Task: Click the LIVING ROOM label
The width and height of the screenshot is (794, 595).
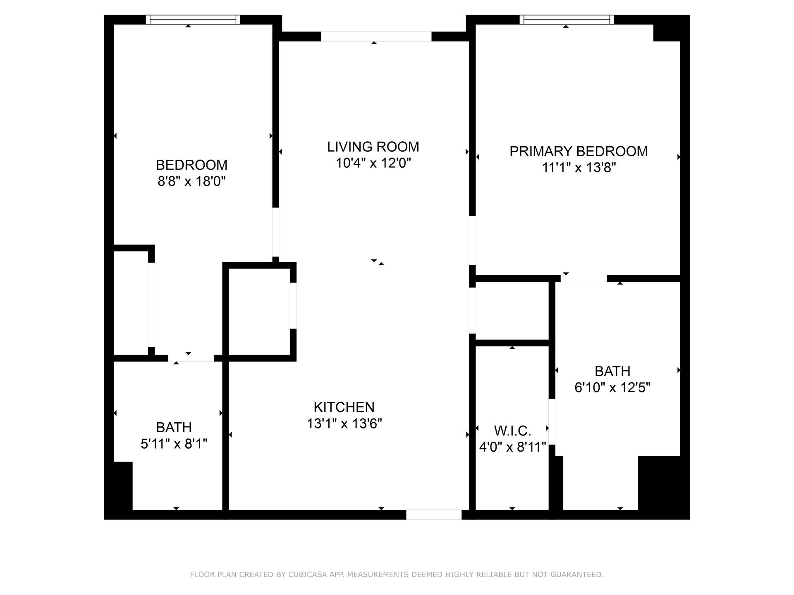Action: [373, 147]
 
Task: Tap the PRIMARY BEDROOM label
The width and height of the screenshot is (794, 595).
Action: [579, 151]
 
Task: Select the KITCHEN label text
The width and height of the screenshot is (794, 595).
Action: [344, 407]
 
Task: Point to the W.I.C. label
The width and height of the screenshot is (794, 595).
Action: [512, 431]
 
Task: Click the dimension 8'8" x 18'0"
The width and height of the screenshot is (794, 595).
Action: [191, 181]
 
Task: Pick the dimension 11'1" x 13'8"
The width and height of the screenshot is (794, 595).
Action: [579, 168]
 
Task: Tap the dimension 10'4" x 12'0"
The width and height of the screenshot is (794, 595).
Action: [373, 163]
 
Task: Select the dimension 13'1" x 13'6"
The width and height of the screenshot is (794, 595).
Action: [344, 424]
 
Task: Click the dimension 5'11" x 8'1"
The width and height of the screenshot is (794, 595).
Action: [174, 444]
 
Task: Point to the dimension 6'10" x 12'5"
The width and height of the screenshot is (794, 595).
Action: [612, 388]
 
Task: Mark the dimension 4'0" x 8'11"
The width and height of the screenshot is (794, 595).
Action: [513, 447]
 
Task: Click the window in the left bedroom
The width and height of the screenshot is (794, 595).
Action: [193, 19]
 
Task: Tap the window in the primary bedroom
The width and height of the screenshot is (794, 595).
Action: [567, 19]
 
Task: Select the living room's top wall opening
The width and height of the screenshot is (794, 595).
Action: [376, 36]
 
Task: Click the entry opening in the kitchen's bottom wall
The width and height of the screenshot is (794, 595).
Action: [433, 514]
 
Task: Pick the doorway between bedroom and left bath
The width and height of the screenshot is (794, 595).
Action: [191, 358]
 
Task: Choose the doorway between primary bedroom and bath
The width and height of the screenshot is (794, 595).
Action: [584, 278]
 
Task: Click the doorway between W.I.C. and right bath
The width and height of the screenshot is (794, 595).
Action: [552, 421]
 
